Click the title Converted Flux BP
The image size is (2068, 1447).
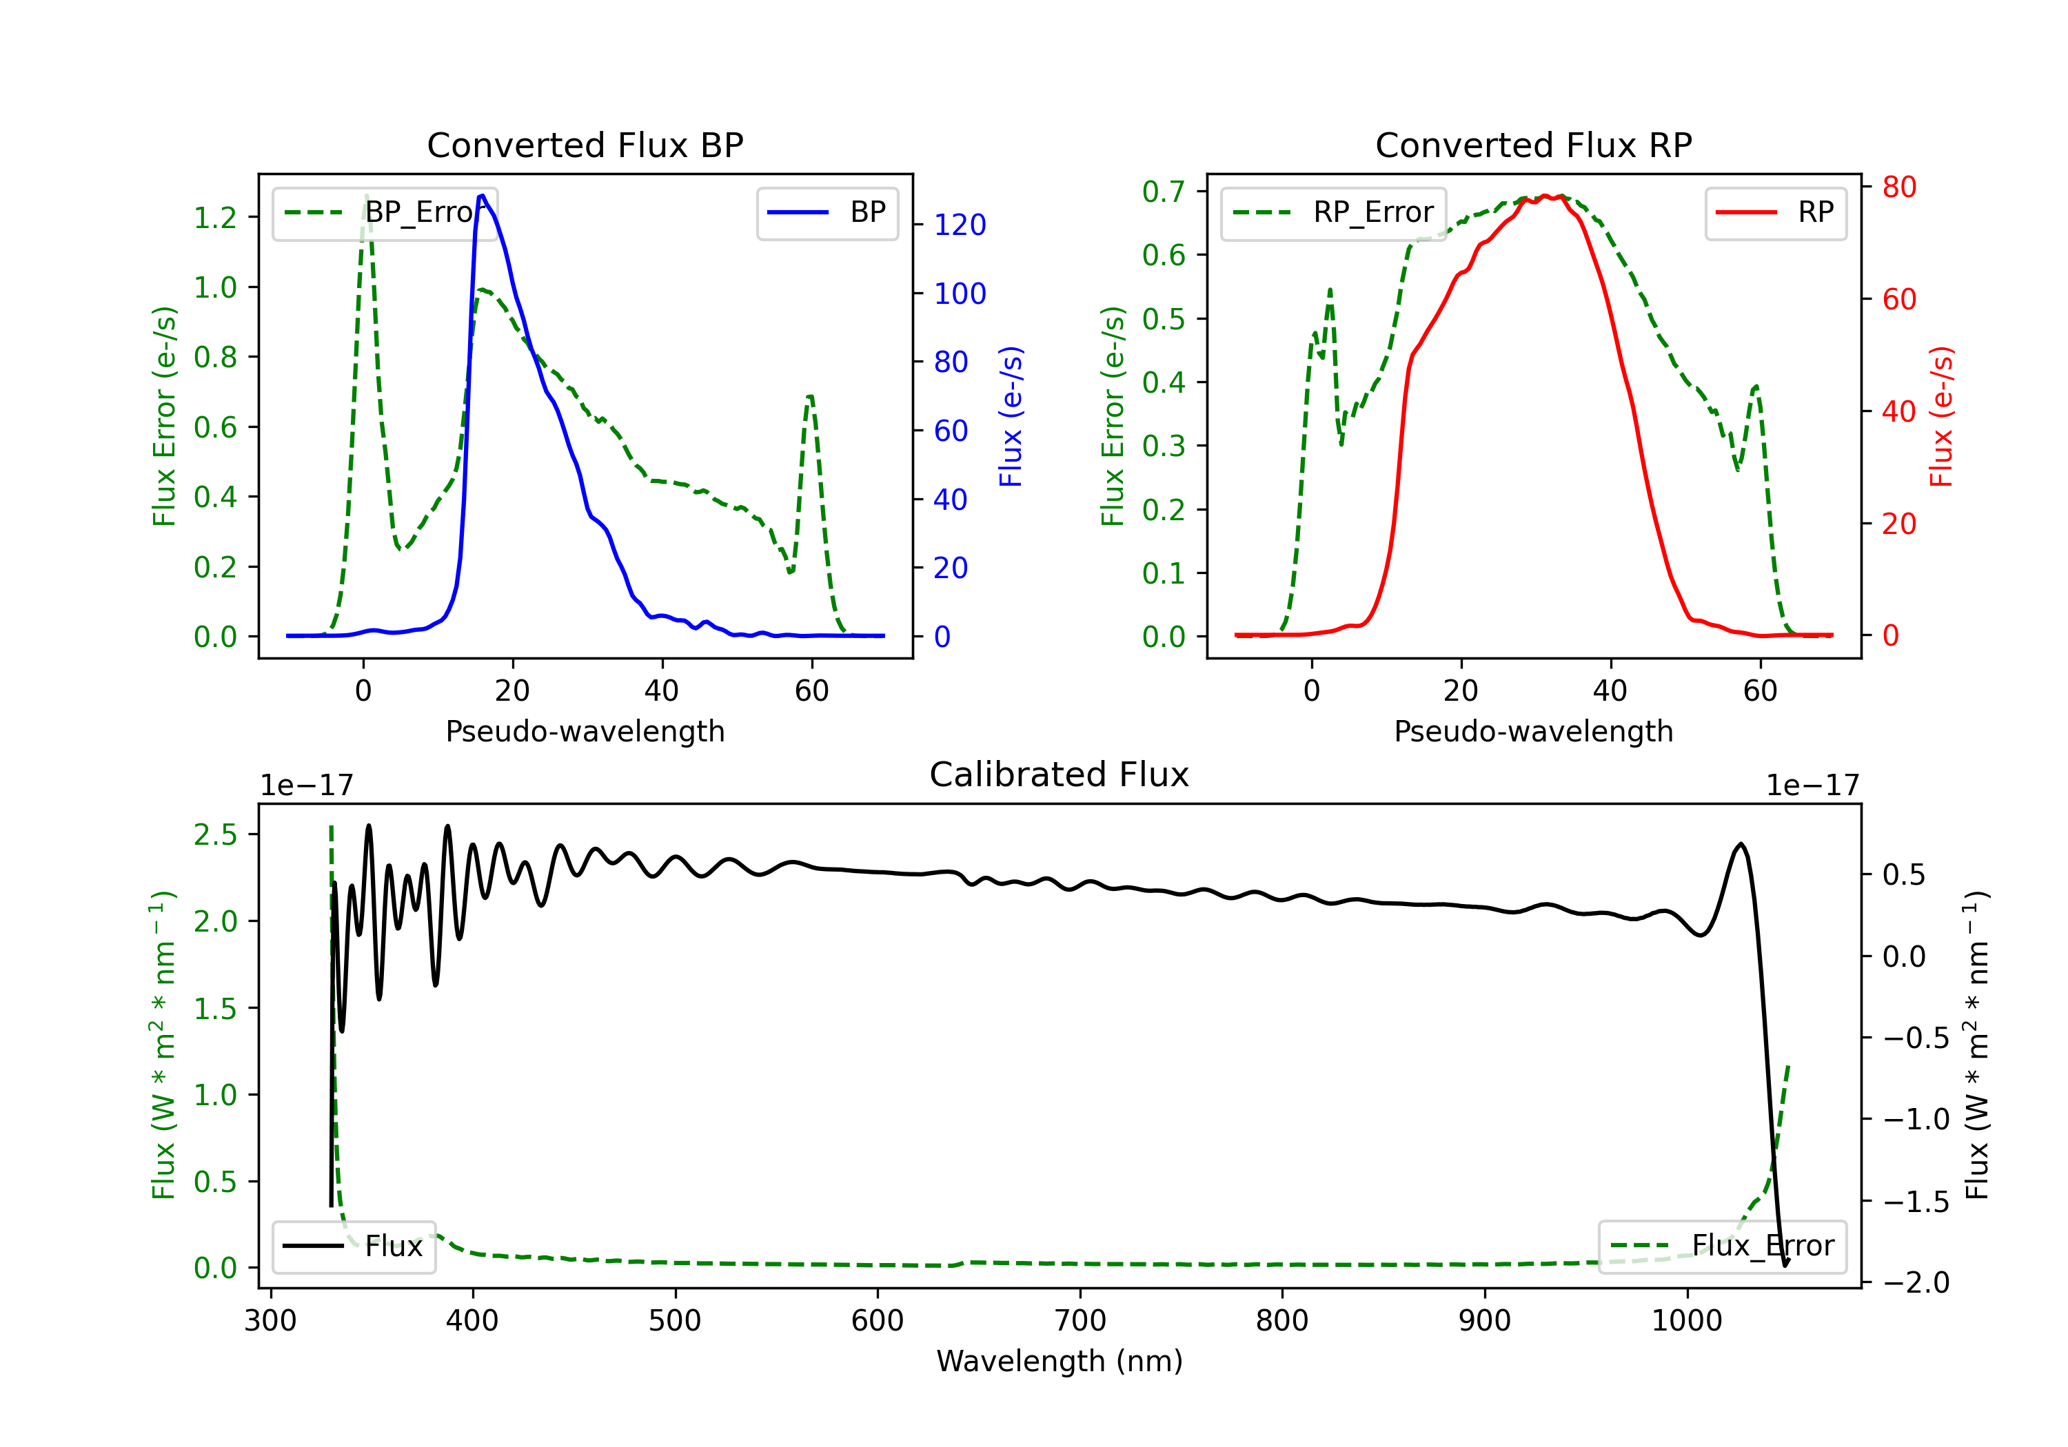[x=585, y=145]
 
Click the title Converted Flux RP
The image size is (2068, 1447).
[x=1533, y=145]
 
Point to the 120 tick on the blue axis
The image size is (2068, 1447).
[x=960, y=225]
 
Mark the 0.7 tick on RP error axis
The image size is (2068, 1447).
[x=1163, y=192]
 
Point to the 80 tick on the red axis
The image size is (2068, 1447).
[x=1898, y=187]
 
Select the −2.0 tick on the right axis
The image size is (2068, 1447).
[x=1915, y=1282]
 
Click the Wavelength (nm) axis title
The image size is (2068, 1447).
[x=1060, y=1362]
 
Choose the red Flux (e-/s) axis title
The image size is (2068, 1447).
[x=1942, y=417]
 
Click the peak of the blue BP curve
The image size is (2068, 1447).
[x=483, y=196]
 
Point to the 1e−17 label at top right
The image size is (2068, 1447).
[x=1812, y=786]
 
